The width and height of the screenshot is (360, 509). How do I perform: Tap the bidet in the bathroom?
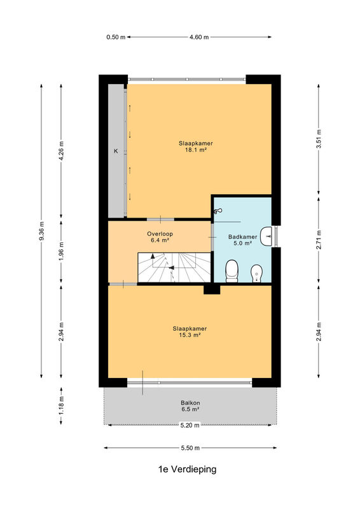point(257,274)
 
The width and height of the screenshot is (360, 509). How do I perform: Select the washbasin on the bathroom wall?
point(267,236)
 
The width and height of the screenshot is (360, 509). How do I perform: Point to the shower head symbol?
point(217,211)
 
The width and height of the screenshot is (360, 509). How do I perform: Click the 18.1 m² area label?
point(196,150)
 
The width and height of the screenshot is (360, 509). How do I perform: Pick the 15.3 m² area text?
point(190,335)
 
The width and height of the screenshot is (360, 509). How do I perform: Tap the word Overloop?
point(160,234)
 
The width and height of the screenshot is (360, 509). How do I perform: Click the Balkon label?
point(190,403)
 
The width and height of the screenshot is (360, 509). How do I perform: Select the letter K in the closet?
point(116,151)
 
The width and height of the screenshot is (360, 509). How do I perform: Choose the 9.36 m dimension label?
point(41,231)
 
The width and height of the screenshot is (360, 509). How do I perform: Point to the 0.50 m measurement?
point(116,37)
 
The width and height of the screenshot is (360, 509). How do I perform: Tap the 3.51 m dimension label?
point(319,139)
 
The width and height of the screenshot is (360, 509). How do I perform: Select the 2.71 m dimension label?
point(319,240)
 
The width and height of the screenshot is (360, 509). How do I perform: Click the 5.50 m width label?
point(190,448)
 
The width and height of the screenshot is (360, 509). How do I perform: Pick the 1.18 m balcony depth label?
point(61,405)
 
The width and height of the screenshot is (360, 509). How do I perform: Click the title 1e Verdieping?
point(187,469)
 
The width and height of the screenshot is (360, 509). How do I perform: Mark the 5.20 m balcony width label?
point(190,425)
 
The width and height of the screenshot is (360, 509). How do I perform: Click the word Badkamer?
point(243,237)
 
